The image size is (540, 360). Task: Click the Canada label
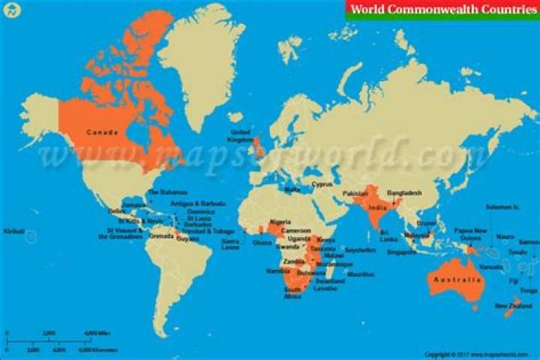click(x=102, y=133)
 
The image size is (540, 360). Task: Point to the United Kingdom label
click(x=241, y=136)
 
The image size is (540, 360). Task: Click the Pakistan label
click(x=356, y=194)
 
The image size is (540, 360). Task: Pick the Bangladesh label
click(x=404, y=193)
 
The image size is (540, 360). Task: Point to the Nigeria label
click(x=280, y=221)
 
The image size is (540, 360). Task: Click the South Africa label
click(x=292, y=292)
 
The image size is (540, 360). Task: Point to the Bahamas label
click(x=167, y=192)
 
